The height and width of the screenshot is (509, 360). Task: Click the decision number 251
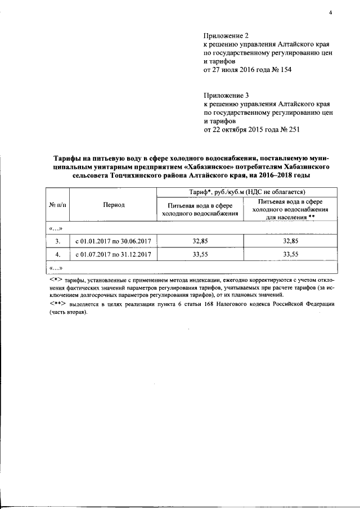294,129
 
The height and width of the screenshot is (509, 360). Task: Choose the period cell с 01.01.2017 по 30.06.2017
114,241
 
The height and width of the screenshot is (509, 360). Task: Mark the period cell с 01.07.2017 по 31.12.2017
114,254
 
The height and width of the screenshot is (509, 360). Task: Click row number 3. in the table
57,241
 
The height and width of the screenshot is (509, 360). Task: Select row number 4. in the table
57,254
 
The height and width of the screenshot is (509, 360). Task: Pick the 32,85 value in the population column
290,241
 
